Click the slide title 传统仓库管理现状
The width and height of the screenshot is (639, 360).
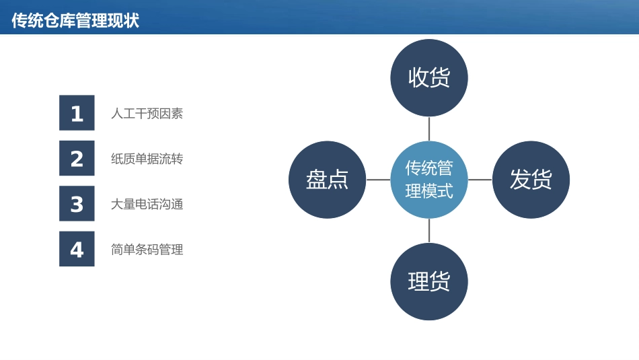[x=75, y=20]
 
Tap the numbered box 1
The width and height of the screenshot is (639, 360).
[x=77, y=113]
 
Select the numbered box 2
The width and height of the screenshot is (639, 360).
[x=77, y=158]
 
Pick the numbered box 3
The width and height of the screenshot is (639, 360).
[x=77, y=203]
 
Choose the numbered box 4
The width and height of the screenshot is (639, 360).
[x=77, y=249]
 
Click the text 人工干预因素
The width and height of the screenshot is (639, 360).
[x=147, y=114]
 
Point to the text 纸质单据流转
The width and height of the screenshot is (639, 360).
[x=147, y=159]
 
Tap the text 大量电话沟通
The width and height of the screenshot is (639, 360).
[x=147, y=205]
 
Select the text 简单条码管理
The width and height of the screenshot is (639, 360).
[x=147, y=250]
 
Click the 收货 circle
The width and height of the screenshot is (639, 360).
[x=429, y=77]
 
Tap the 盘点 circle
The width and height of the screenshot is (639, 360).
[x=327, y=180]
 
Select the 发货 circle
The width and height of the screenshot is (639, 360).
[x=531, y=180]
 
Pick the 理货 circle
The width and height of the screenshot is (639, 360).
[x=429, y=281]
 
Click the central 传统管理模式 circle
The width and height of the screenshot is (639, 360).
[x=429, y=180]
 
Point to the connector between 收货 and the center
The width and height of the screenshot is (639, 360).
[x=429, y=129]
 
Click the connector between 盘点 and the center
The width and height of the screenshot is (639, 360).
[x=378, y=180]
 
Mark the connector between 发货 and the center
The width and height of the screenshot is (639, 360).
[x=480, y=180]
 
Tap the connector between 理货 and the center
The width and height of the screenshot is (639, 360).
[x=429, y=230]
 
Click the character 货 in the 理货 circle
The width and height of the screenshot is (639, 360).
[x=440, y=281]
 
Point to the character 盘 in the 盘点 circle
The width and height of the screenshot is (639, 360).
[x=317, y=180]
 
